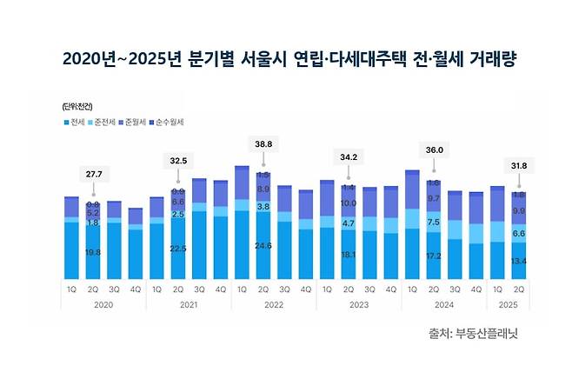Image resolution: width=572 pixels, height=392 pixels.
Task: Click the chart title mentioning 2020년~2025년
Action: [285, 58]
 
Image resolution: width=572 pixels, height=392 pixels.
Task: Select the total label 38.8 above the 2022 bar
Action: [263, 143]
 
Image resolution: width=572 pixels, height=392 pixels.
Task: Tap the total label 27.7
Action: [93, 175]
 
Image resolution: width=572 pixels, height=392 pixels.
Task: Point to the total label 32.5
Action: [178, 161]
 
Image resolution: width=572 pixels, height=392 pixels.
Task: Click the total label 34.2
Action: [349, 157]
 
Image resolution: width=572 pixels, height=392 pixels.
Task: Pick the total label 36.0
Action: [434, 150]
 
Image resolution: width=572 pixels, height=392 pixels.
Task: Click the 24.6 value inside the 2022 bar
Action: [263, 246]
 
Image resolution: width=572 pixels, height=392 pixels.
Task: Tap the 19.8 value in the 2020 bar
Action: [93, 252]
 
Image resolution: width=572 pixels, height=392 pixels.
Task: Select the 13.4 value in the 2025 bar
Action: [519, 262]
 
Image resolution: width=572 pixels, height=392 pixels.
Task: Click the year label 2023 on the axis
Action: [359, 304]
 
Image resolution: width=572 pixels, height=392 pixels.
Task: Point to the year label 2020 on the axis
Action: [103, 304]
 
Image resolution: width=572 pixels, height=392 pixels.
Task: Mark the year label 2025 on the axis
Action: [509, 304]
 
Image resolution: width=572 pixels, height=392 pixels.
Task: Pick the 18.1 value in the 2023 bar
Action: [349, 254]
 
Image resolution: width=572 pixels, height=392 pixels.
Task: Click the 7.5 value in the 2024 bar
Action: [434, 223]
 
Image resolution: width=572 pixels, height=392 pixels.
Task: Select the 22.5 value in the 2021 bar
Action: [178, 249]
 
